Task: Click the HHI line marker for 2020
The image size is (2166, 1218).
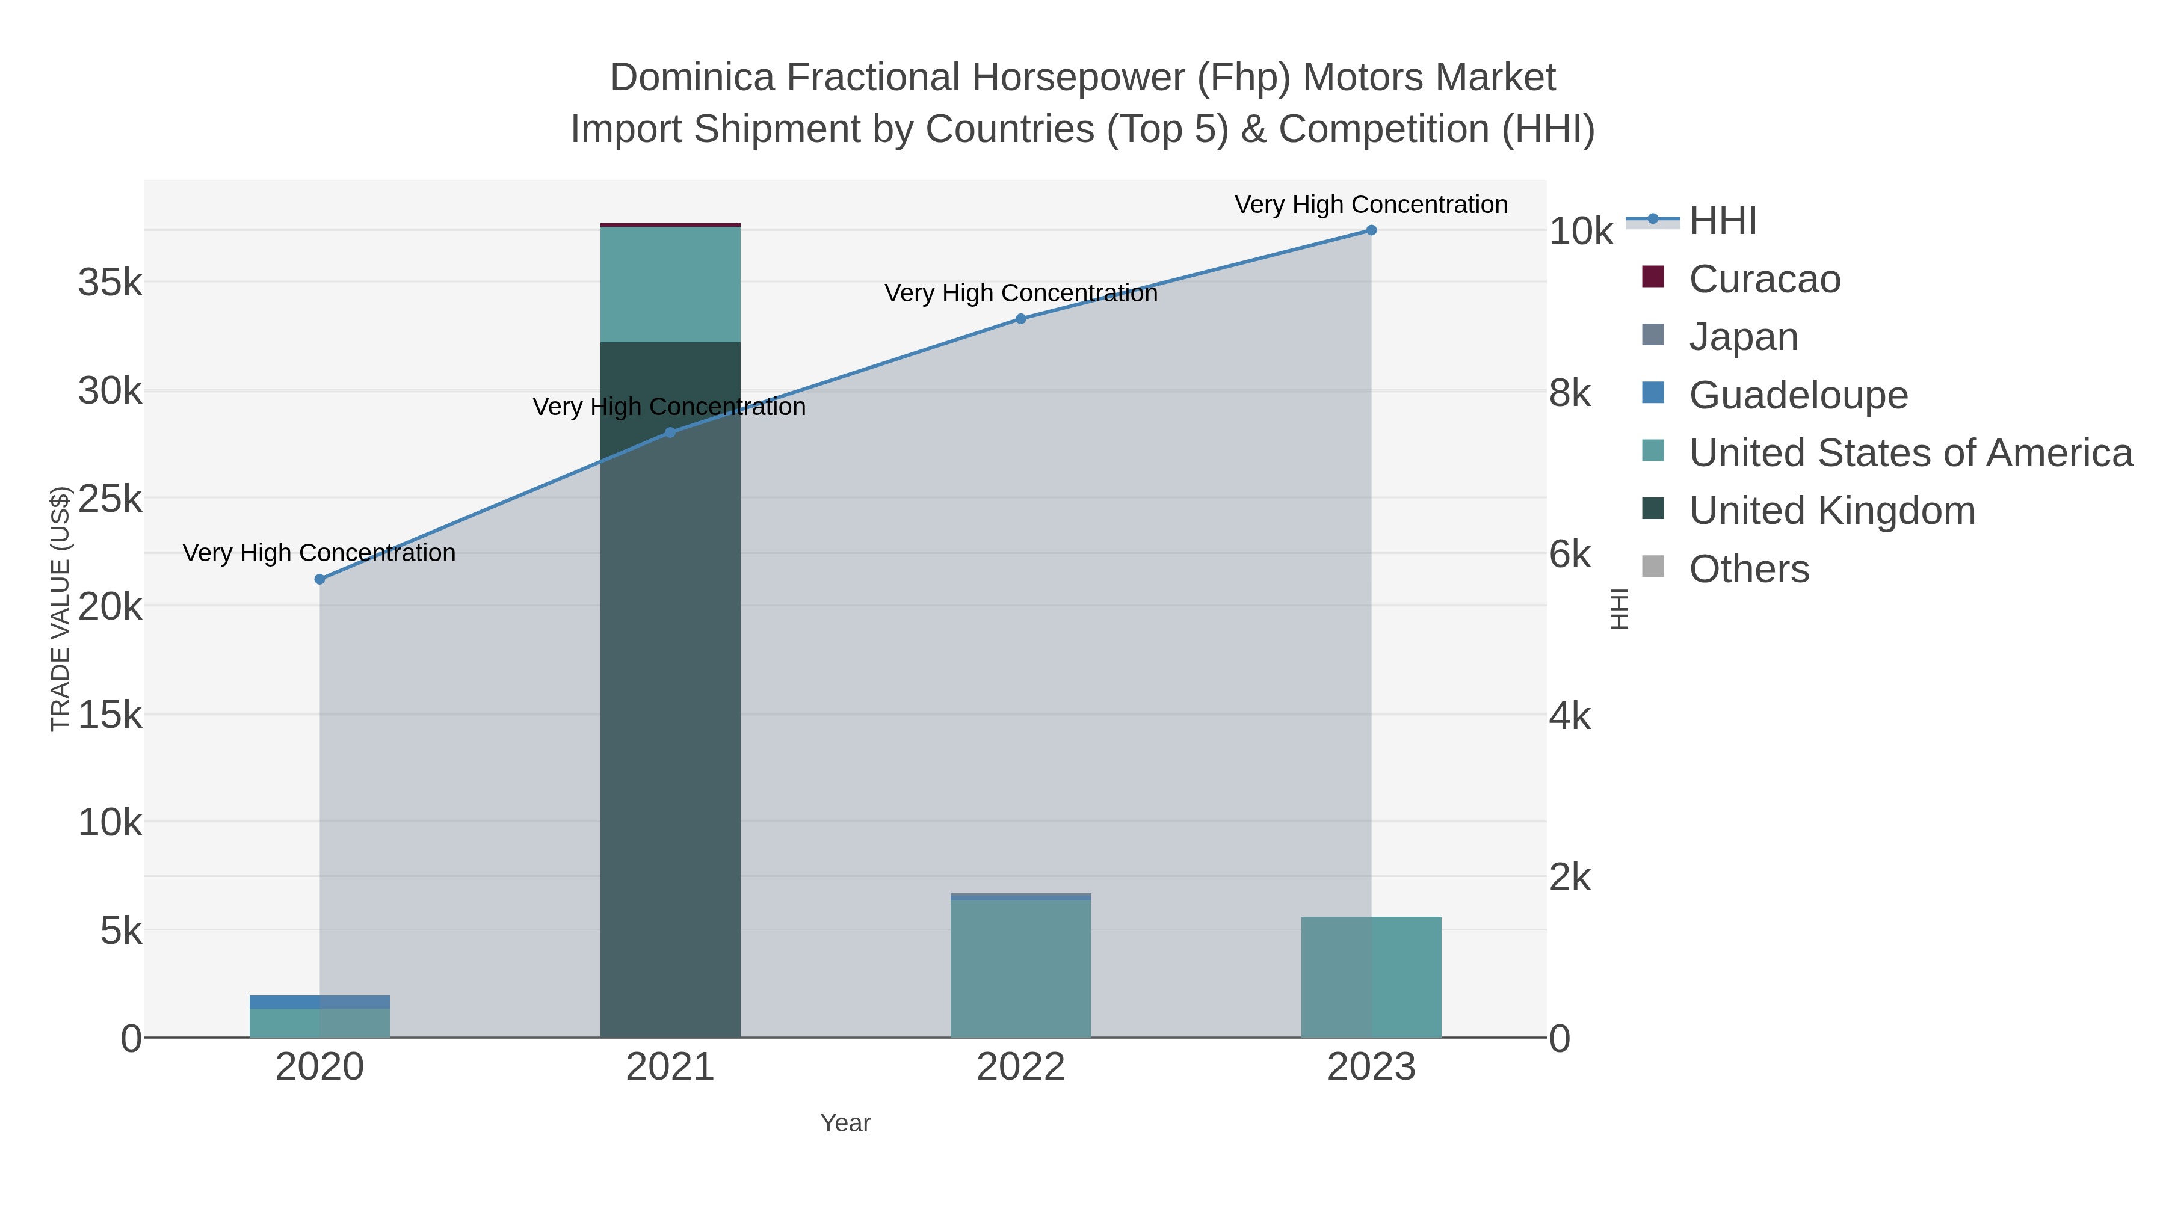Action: [319, 579]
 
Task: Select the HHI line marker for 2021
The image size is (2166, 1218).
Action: [670, 433]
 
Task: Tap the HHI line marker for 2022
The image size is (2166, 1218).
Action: [1021, 319]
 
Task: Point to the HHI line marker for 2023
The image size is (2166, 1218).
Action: [1371, 230]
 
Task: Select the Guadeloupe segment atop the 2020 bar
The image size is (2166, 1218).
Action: [319, 1002]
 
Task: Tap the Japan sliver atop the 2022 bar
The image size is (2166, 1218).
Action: [1021, 897]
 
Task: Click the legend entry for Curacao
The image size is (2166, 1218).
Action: [1764, 279]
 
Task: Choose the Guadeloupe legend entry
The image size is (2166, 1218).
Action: [1798, 395]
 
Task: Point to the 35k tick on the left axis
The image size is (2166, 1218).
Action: [110, 283]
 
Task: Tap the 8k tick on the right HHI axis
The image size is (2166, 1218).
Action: [1570, 393]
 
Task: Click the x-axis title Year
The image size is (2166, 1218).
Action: [845, 1123]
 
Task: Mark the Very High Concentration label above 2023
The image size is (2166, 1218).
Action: [1371, 205]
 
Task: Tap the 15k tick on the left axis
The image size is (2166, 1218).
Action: [110, 715]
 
